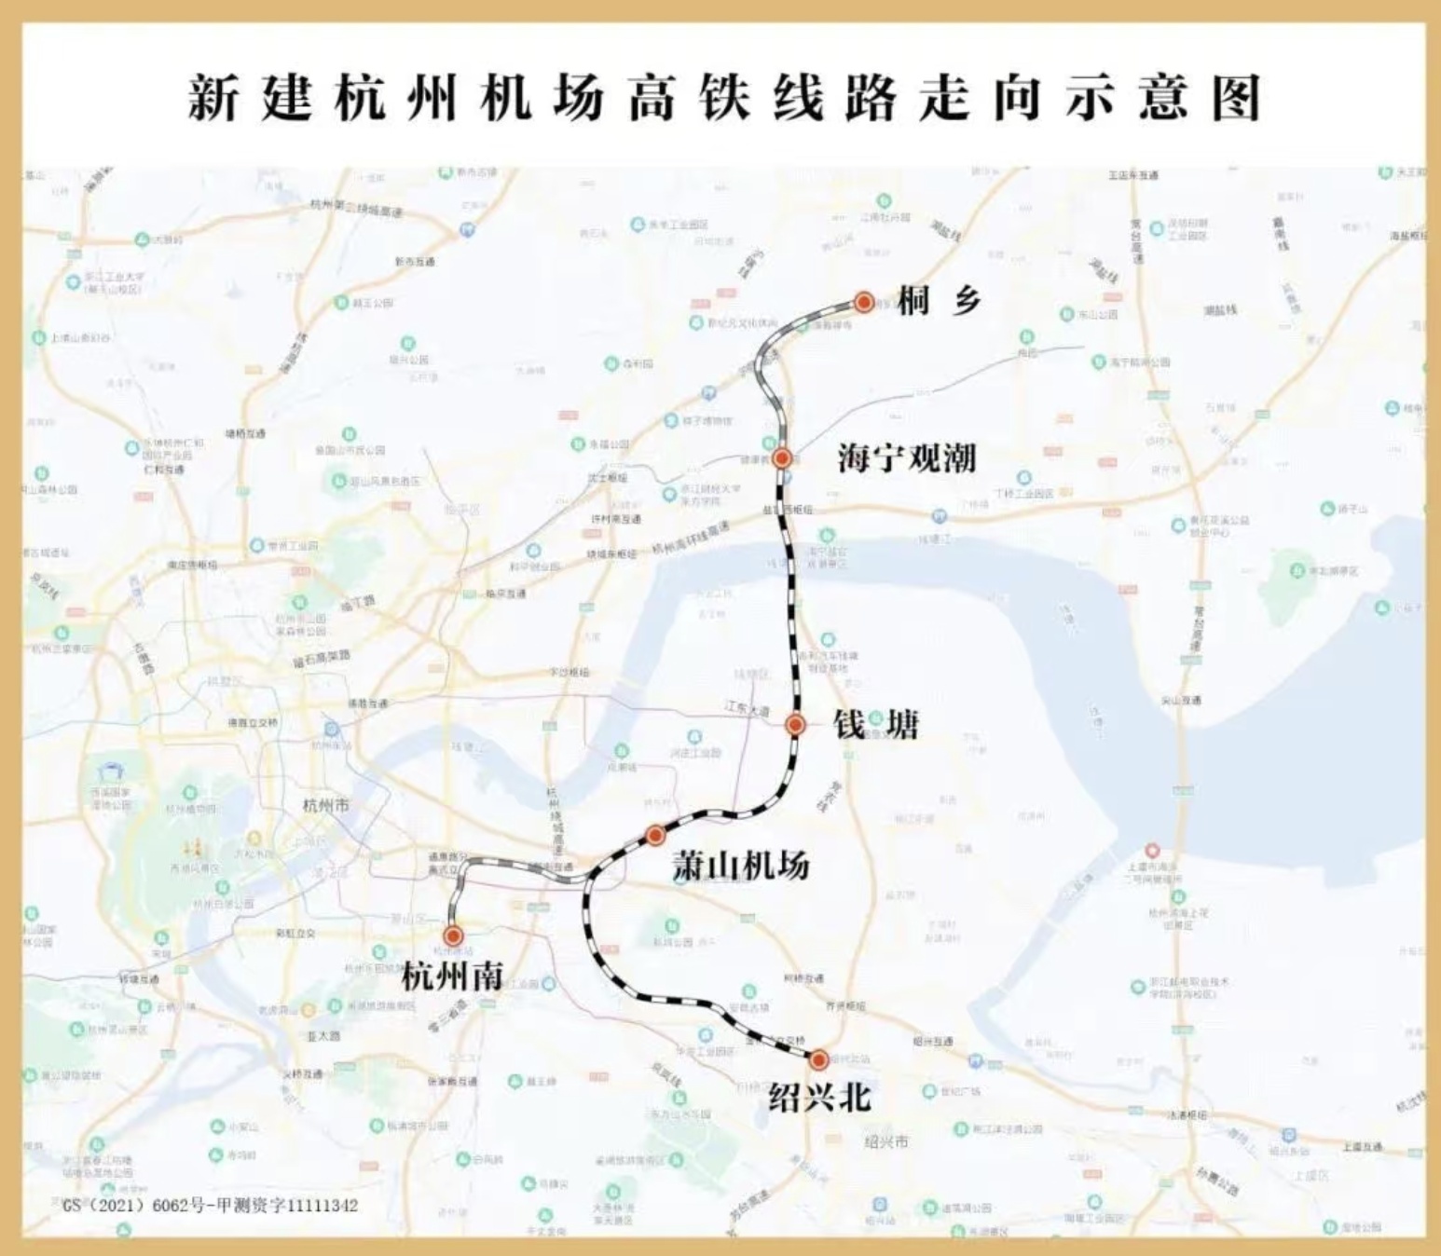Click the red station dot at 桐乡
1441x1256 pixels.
(864, 302)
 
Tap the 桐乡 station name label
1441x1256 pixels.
(940, 300)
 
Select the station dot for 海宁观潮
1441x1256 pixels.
(782, 457)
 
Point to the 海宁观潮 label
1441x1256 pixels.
(906, 457)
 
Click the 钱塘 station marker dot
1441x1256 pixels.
(795, 725)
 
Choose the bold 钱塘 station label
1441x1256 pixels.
(875, 725)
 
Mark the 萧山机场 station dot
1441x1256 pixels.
(655, 835)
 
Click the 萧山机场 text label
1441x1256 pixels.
(741, 867)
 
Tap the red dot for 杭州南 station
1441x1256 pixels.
(454, 935)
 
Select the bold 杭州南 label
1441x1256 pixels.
(453, 976)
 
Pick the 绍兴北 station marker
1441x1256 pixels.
(818, 1059)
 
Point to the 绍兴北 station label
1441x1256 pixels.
(819, 1098)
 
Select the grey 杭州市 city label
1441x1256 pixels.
(326, 805)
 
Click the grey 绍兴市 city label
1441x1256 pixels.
(885, 1141)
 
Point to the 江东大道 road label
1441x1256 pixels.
(748, 709)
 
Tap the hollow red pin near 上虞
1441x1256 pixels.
(1152, 850)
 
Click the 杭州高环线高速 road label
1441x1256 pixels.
(691, 542)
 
